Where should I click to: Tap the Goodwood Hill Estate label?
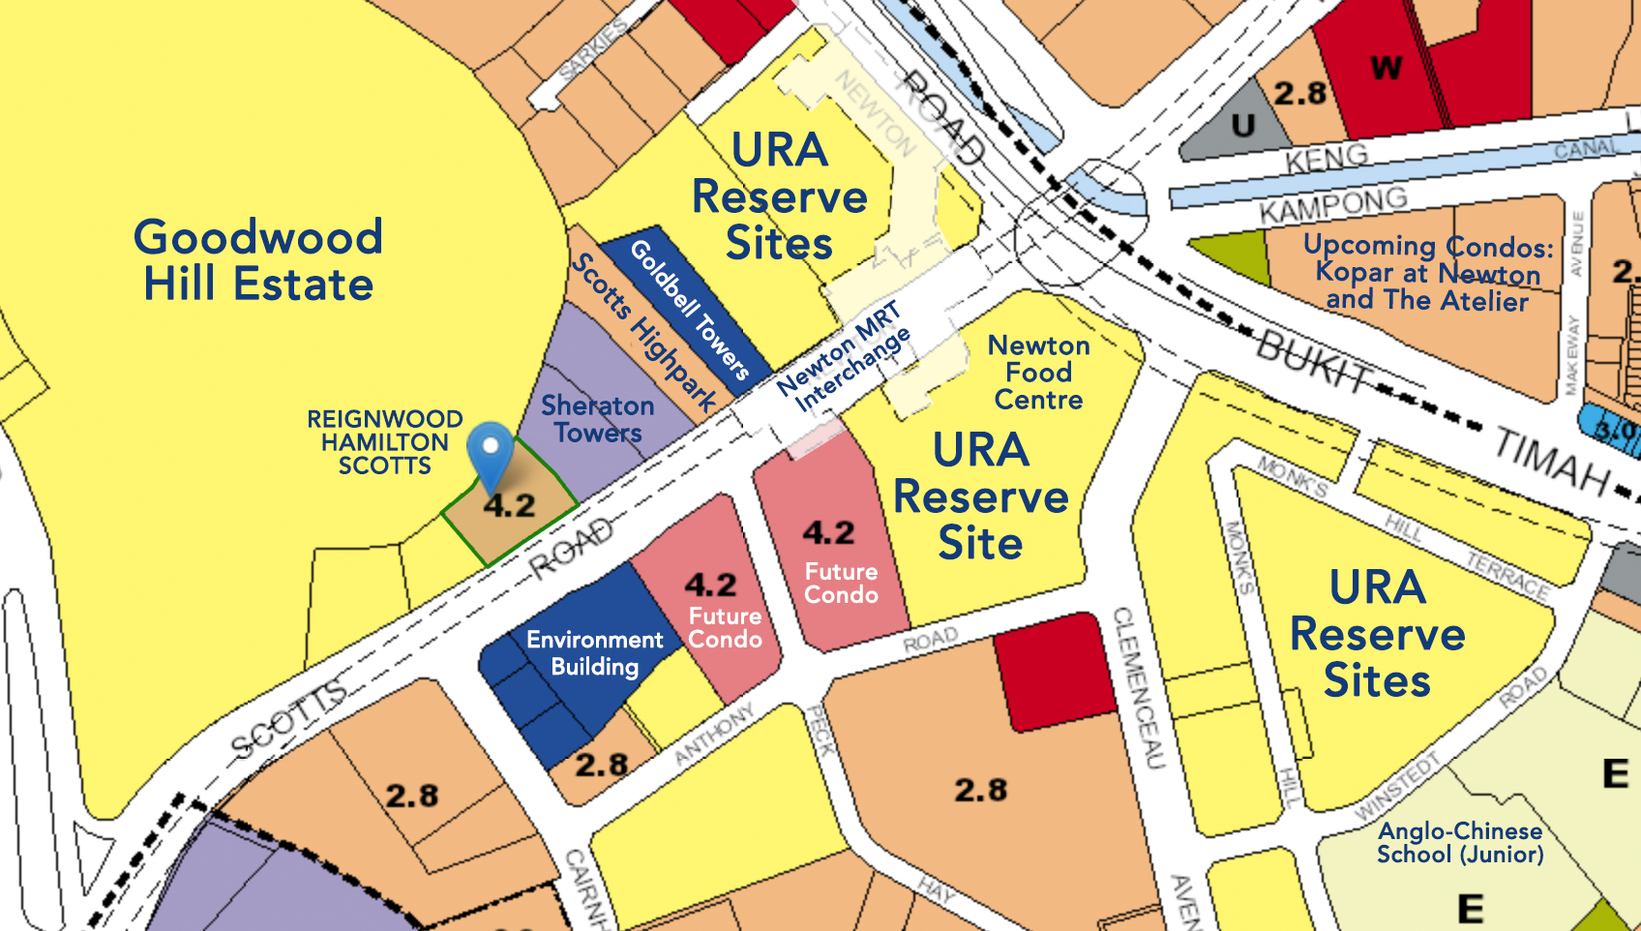pos(258,260)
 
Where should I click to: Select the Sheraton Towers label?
pos(597,419)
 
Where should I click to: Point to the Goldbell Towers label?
pos(690,308)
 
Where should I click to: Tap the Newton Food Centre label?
pos(1038,373)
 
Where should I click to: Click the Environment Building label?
pos(594,653)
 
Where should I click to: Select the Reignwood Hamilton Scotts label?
pos(384,442)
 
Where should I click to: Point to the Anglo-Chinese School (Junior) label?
pos(1460,842)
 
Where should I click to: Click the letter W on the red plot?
pos(1386,68)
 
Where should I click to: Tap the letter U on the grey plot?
pos(1243,125)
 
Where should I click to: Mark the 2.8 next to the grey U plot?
pos(1299,93)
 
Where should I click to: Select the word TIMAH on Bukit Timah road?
pos(1552,460)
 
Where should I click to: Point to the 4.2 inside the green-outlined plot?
pos(509,505)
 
